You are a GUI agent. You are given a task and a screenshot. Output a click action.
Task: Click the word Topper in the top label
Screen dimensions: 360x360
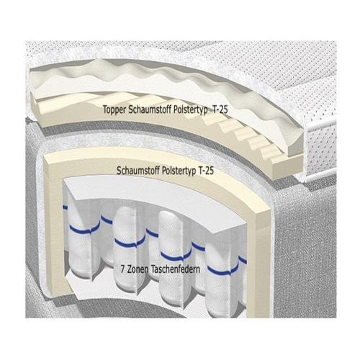(x=115, y=110)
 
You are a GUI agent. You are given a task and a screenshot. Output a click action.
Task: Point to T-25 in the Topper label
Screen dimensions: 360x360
(x=220, y=109)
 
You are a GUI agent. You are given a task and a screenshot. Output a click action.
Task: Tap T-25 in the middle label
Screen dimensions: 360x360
(x=206, y=171)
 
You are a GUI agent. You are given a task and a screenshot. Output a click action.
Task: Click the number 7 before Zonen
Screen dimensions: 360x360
(x=122, y=269)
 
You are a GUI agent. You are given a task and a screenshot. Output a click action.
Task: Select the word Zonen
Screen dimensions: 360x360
(x=138, y=269)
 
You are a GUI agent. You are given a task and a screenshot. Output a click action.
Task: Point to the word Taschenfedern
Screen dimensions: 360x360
(x=176, y=269)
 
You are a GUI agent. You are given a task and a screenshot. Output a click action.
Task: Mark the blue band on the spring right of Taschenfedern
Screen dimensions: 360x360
(x=222, y=270)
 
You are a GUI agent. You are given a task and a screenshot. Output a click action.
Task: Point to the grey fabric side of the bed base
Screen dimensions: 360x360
(x=304, y=252)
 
